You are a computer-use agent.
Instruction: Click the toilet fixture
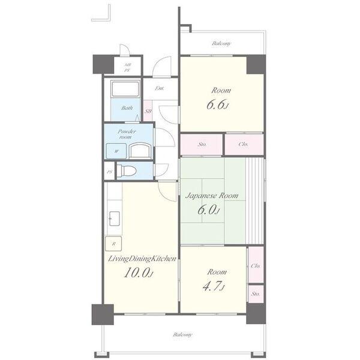pos(127,171)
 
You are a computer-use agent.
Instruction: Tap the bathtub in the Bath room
pos(125,88)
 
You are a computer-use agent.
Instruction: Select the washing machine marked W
pos(116,151)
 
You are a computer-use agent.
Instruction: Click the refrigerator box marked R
pos(113,244)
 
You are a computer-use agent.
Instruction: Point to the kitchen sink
pos(114,218)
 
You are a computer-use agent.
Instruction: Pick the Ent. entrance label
pos(160,88)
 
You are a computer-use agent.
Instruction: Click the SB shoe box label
pos(148,112)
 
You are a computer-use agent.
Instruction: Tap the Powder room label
pos(127,134)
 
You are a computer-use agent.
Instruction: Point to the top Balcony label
pos(221,43)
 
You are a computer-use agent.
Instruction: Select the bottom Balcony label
pos(182,335)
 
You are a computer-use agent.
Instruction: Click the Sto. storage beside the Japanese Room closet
pos(202,145)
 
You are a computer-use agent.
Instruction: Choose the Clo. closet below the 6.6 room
pos(244,144)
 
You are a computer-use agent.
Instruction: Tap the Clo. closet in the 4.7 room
pos(256,266)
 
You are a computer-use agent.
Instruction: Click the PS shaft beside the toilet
pos(110,172)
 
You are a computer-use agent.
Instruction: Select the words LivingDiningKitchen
pos(142,259)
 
